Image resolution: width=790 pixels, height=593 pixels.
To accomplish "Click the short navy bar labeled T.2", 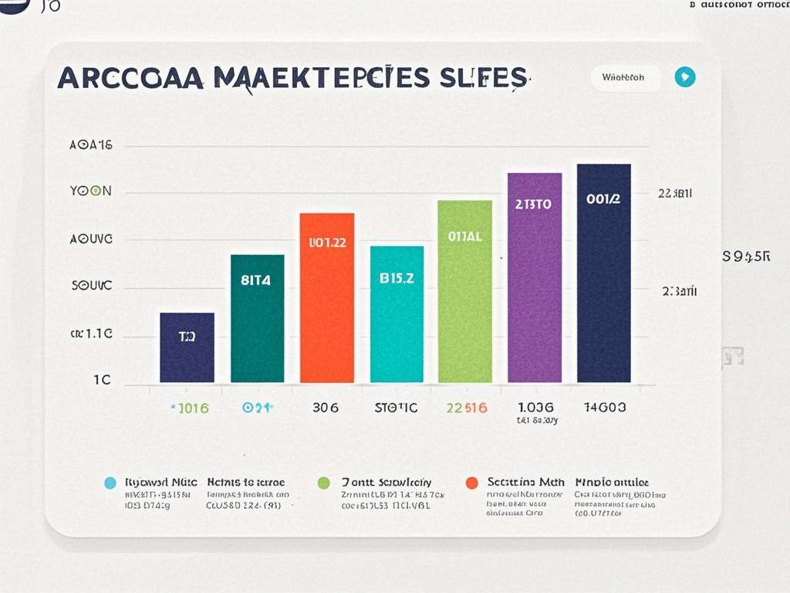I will click(x=187, y=347).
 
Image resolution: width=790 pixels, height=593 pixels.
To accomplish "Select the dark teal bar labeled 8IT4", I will click(x=257, y=318).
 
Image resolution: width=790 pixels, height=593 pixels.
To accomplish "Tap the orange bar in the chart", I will click(x=326, y=297).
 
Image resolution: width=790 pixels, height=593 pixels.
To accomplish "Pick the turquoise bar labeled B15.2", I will click(x=397, y=314).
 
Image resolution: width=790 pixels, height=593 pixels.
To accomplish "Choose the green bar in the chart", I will click(x=464, y=291).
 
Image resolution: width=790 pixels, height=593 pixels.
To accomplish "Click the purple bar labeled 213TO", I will click(x=534, y=277).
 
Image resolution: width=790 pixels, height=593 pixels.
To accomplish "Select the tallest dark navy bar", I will click(x=603, y=273).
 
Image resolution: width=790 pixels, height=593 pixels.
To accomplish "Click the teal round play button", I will click(x=684, y=77).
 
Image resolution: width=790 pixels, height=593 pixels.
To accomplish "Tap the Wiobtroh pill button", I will click(x=625, y=77).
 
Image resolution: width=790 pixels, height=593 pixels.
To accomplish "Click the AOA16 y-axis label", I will click(x=91, y=145).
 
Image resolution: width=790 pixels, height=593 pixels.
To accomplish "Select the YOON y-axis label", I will click(x=91, y=191).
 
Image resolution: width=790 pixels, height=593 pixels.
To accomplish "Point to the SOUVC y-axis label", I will click(x=91, y=286).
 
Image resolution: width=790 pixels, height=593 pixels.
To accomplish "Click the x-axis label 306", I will click(x=325, y=408).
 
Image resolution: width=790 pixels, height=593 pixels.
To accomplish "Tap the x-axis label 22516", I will click(x=466, y=408).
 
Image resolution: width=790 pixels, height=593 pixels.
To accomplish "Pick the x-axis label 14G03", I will click(x=605, y=407).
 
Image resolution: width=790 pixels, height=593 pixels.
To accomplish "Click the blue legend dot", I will click(x=110, y=483).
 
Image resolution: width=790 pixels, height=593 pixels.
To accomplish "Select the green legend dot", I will click(x=323, y=483).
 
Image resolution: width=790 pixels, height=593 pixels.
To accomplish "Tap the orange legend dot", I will click(x=472, y=483).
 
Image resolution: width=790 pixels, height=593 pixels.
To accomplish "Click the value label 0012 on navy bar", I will click(x=603, y=199).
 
